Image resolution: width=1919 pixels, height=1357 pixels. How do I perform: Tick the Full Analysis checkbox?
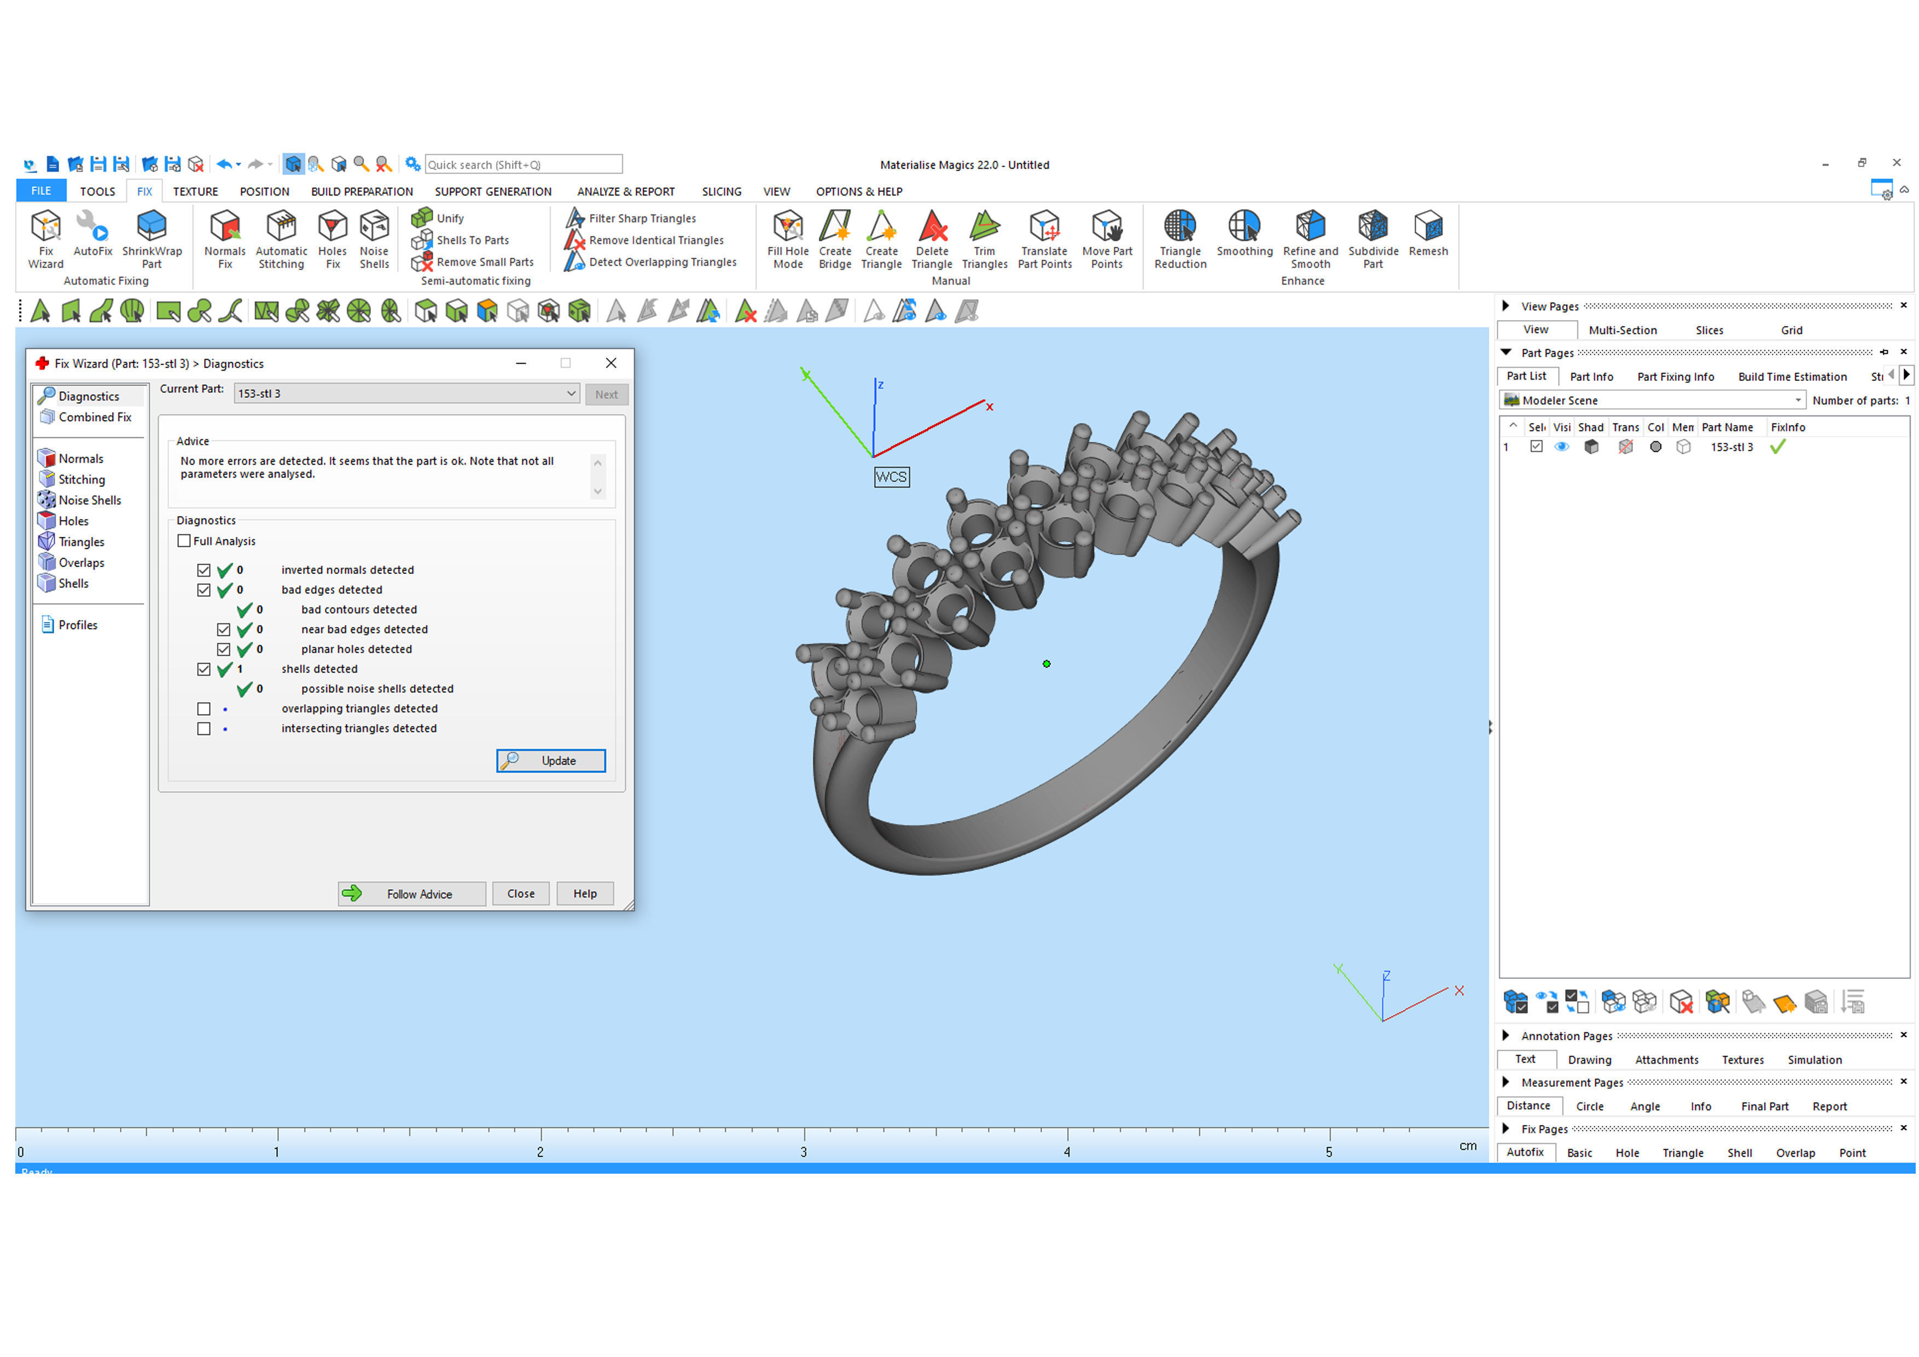pos(184,541)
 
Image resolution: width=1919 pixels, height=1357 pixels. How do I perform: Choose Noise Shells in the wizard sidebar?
pos(89,500)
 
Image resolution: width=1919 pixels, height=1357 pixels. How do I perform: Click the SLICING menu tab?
pos(722,192)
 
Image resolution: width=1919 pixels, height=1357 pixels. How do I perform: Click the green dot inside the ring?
pos(1046,664)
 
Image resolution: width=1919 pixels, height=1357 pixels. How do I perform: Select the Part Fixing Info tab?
pos(1675,376)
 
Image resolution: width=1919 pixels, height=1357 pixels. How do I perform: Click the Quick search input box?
pos(523,165)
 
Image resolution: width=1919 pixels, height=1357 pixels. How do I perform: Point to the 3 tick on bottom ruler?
pos(804,1137)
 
